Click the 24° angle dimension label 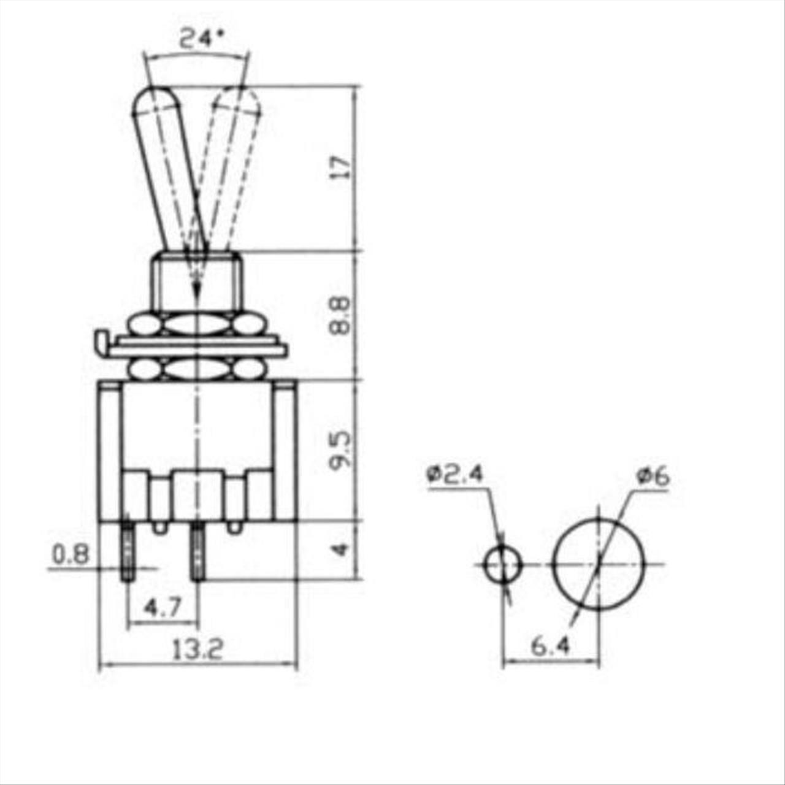click(202, 39)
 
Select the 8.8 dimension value click(340, 315)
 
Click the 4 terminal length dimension click(342, 550)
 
